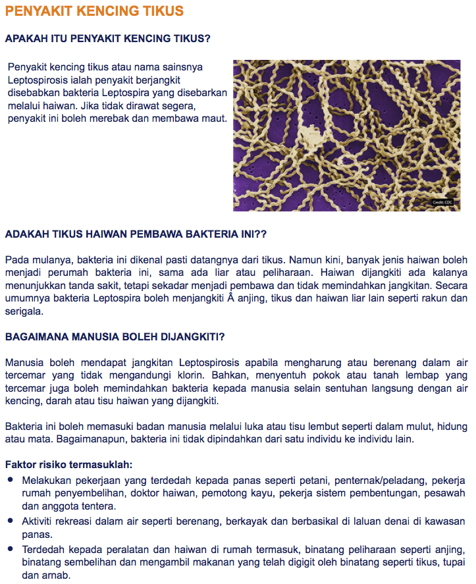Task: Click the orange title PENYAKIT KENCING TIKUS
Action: click(94, 12)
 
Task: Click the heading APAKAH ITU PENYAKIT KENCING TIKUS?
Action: click(107, 39)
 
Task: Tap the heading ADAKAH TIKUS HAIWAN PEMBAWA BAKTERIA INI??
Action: click(135, 234)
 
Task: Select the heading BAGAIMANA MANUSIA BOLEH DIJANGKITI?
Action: click(115, 336)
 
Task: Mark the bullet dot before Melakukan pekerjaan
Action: click(11, 481)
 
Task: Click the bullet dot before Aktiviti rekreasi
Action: click(11, 520)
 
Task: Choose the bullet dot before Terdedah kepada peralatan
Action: click(11, 548)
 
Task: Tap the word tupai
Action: click(454, 562)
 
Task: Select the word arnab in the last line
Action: click(53, 575)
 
